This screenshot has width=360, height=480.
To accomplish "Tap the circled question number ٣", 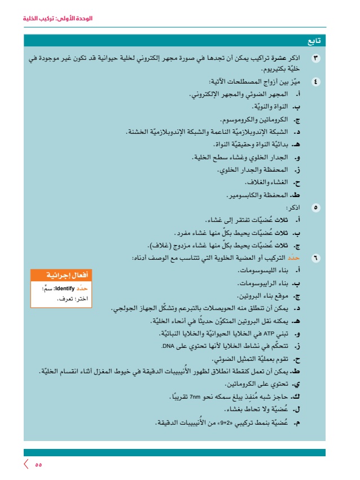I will (x=316, y=59).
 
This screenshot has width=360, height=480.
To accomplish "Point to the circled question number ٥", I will (x=316, y=208).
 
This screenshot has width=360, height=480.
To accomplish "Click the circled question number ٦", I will (x=316, y=258).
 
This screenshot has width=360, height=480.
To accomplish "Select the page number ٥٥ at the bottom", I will (x=38, y=464).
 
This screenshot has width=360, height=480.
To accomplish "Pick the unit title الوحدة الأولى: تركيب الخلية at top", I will (x=58, y=19).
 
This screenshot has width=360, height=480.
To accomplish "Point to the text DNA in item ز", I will (x=169, y=346).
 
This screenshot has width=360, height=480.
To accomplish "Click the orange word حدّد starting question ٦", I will (x=297, y=258).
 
